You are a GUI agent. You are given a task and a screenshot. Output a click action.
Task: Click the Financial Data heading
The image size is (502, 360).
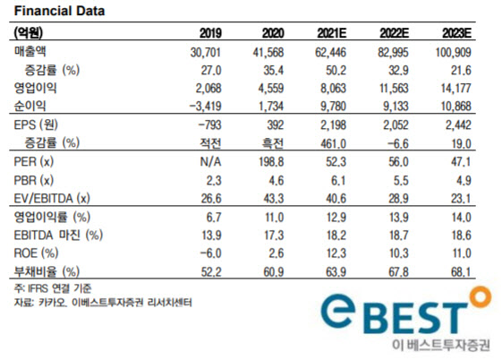[60, 11]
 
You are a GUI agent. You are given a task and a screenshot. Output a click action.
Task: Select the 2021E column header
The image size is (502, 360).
[332, 33]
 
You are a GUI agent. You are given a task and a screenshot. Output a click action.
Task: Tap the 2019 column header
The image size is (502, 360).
[210, 33]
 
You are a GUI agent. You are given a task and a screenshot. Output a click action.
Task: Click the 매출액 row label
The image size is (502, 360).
[30, 51]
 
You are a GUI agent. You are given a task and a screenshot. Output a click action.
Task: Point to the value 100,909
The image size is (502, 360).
[454, 52]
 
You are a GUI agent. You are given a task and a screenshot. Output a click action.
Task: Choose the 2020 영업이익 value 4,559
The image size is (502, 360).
[271, 88]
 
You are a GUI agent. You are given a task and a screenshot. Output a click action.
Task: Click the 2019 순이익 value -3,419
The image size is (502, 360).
[206, 106]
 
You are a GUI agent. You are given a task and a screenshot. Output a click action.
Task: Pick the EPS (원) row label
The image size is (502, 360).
[36, 124]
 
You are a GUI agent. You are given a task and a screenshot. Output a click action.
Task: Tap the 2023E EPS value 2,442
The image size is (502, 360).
[458, 124]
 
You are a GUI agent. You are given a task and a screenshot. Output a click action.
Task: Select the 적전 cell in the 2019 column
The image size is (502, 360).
[210, 143]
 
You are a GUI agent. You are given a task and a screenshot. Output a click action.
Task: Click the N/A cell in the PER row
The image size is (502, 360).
[210, 162]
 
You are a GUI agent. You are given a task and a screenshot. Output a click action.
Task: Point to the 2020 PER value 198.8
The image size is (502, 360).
[271, 162]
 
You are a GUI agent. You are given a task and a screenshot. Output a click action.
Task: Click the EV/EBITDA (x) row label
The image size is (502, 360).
[52, 199]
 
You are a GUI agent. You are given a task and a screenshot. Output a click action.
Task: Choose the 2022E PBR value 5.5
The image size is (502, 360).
[401, 180]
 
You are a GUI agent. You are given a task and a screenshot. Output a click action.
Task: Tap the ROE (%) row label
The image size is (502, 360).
[36, 253]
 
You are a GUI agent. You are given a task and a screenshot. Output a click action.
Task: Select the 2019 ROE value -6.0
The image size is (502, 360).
[210, 253]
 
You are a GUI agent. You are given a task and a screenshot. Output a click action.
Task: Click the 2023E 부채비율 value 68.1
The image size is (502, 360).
[461, 272]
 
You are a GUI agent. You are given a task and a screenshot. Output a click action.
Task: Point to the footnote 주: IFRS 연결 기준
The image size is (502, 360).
[53, 288]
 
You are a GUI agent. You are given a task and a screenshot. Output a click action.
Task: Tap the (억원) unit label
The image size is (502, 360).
[29, 32]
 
